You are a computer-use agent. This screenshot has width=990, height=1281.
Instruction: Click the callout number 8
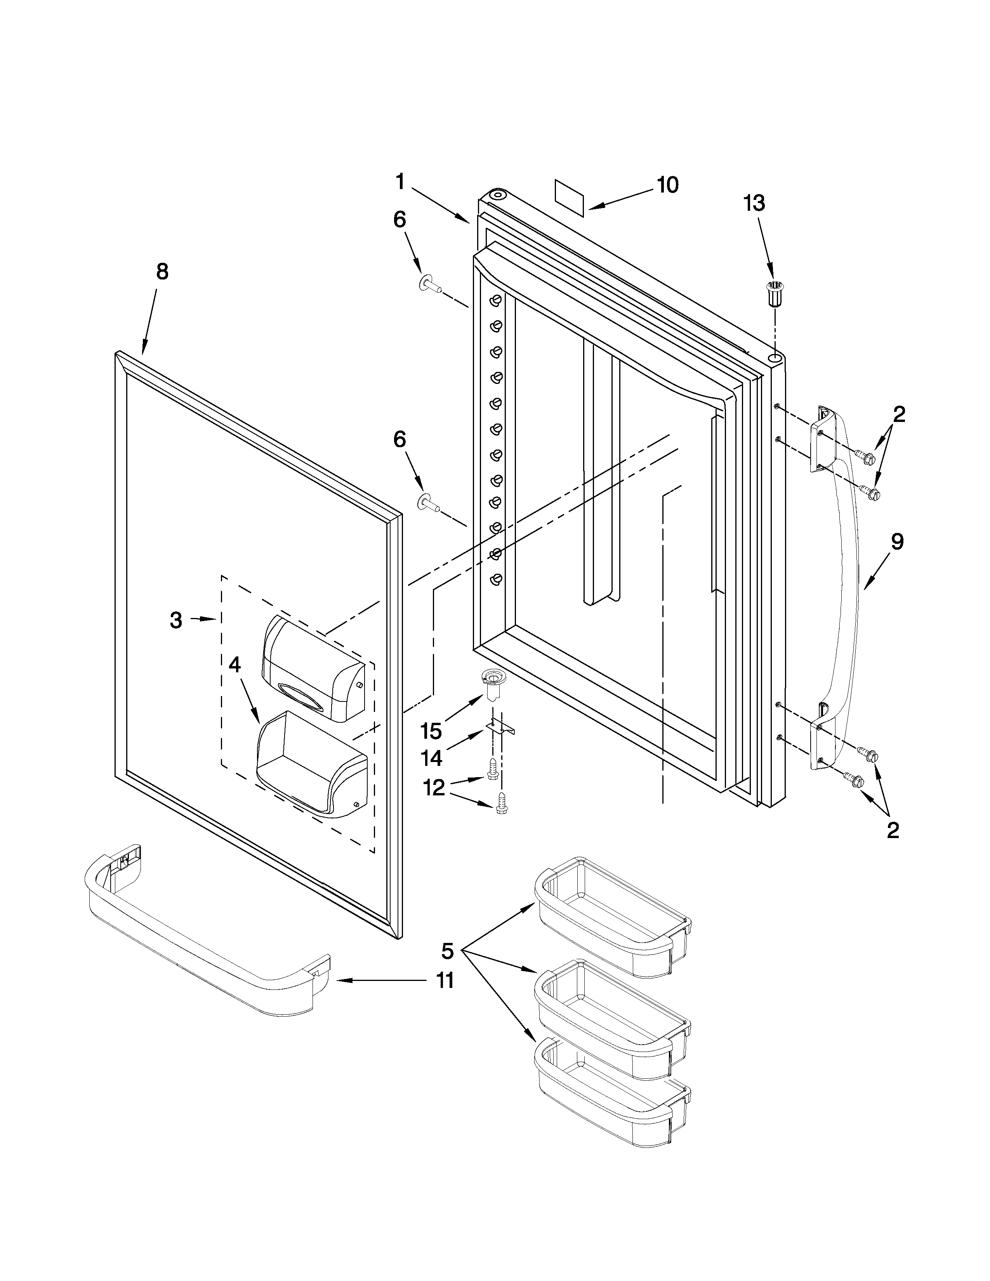coord(162,272)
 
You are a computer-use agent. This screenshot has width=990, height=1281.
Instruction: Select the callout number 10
coord(667,185)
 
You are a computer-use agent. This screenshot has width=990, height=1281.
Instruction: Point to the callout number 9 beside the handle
coord(897,542)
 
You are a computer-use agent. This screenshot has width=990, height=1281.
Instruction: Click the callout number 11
coord(445,981)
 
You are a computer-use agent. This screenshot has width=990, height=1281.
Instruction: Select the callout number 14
coord(432,759)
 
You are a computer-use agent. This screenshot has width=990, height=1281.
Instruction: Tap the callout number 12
coord(434,788)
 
